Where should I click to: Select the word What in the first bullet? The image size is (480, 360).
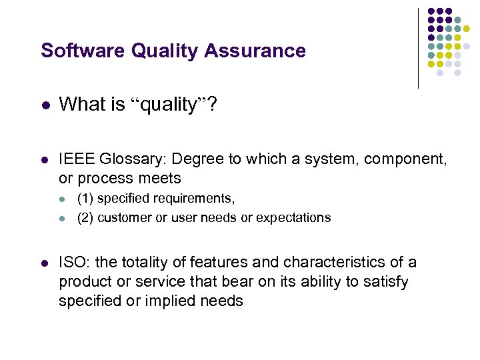click(79, 104)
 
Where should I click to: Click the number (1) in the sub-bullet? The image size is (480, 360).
click(85, 199)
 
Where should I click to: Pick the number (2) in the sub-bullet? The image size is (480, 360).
click(85, 217)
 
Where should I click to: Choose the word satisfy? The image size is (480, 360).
click(385, 282)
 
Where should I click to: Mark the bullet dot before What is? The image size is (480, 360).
click(45, 105)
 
